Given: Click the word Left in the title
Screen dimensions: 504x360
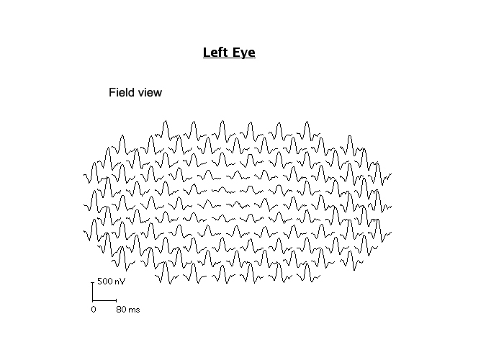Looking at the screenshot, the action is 215,53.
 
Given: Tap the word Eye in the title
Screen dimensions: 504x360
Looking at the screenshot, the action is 243,53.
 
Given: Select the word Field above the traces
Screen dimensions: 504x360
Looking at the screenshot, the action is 121,92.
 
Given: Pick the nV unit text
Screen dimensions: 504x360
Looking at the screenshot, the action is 118,281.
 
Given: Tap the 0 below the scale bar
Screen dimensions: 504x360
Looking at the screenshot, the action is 93,310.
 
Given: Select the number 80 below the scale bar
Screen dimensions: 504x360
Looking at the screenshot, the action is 120,310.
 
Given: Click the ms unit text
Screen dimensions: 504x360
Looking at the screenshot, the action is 134,310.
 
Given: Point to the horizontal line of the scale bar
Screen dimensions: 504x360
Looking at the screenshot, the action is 104,300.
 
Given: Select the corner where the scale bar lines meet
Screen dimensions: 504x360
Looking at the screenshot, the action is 92,300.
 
